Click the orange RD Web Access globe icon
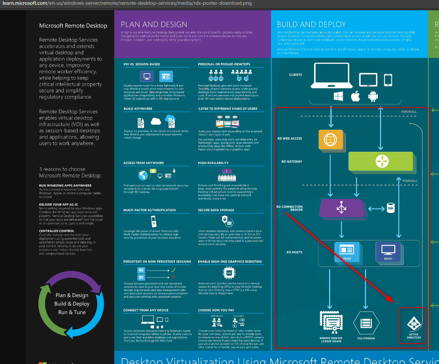point(331,140)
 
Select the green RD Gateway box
point(381,161)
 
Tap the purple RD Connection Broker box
point(342,208)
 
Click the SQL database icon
point(391,209)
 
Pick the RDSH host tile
point(347,251)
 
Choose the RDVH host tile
point(388,251)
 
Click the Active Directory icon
point(414,324)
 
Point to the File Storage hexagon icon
point(366,323)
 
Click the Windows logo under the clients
point(338,96)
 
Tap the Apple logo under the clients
point(355,96)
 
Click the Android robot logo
point(373,96)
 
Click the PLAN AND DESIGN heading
point(154,25)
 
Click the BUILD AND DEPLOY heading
point(311,25)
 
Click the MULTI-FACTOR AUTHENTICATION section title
point(150,210)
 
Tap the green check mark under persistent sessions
point(173,270)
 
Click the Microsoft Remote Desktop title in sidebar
point(73,26)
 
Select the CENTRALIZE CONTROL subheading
point(56,231)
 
